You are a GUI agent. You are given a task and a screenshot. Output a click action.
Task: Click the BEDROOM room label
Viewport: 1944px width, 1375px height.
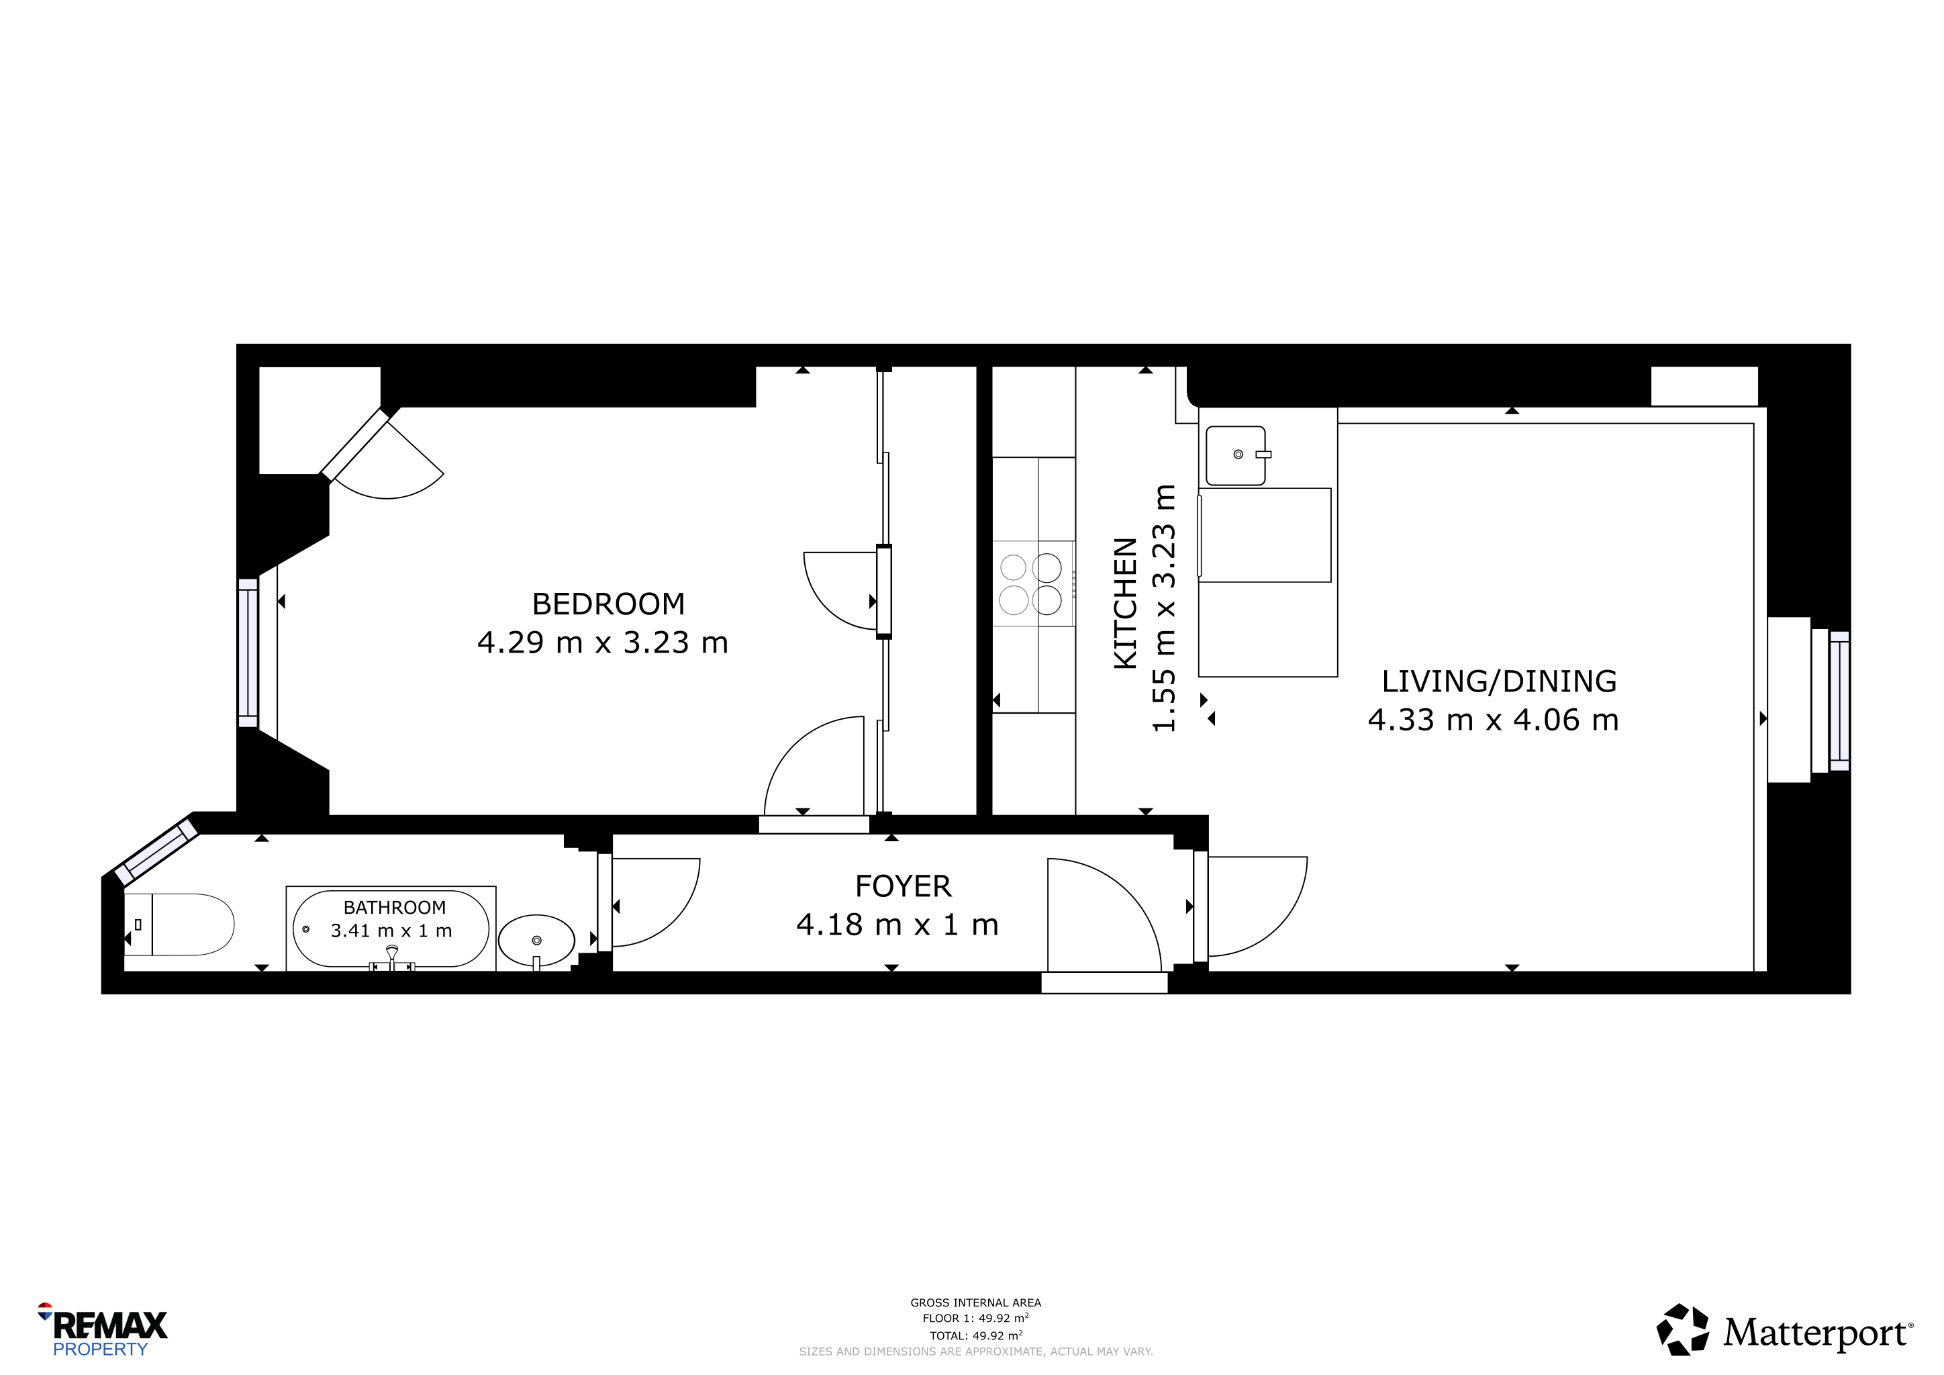[608, 604]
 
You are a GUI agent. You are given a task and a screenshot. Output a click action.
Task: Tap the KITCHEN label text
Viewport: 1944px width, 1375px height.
[1125, 603]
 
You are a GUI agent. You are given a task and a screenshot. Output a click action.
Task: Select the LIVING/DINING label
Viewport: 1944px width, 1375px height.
[1499, 681]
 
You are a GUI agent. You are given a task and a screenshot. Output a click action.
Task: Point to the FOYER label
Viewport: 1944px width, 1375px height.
[904, 886]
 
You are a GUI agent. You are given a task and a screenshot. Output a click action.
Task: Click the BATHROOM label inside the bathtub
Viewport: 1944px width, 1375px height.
[395, 908]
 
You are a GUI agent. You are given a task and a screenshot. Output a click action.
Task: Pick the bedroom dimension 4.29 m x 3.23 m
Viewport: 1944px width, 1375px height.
[603, 643]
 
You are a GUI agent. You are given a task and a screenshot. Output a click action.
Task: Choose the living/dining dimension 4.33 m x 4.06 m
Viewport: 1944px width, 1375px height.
[1494, 720]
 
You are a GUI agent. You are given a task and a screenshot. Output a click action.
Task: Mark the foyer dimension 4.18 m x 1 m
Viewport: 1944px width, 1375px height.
[897, 924]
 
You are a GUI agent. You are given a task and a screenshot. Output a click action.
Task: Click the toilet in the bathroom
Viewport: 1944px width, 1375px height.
[179, 924]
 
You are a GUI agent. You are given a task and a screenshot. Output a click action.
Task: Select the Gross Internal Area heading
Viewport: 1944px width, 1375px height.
[975, 1303]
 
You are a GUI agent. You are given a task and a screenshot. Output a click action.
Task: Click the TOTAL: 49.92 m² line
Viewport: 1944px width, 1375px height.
[975, 1336]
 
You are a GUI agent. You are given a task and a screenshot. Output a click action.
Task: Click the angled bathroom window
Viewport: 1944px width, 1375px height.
[156, 849]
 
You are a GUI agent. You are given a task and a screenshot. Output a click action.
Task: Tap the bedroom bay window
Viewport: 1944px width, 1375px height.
[248, 653]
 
